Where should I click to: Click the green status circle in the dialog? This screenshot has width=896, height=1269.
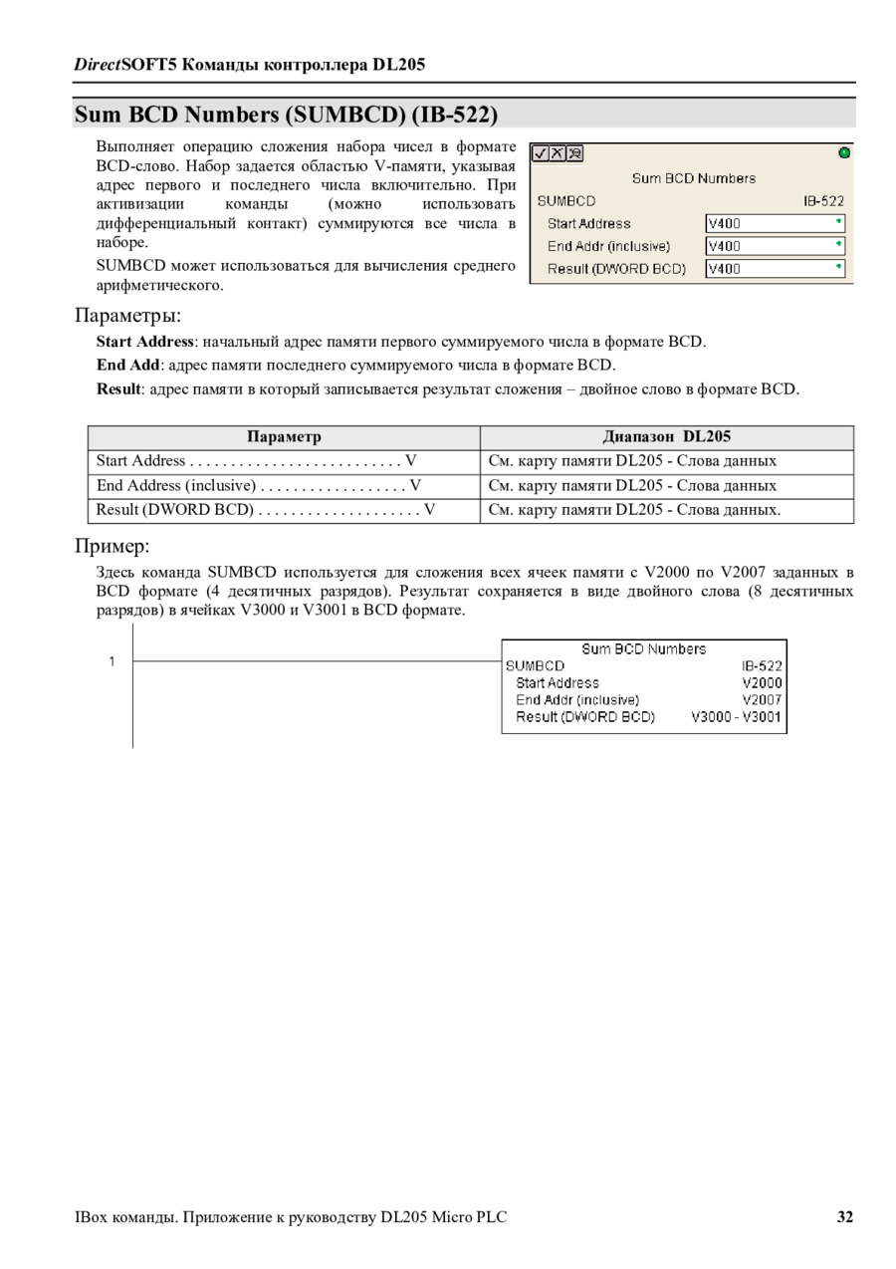pyautogui.click(x=844, y=152)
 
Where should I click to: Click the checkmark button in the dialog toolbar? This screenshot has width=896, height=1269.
pyautogui.click(x=541, y=153)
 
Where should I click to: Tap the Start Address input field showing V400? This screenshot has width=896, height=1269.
pyautogui.click(x=775, y=223)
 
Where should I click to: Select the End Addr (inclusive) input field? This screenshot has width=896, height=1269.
pyautogui.click(x=775, y=246)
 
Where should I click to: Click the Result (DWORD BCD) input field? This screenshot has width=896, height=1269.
pyautogui.click(x=775, y=268)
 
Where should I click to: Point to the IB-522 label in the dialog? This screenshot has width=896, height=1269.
pyautogui.click(x=823, y=200)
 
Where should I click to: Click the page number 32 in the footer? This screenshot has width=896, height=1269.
pyautogui.click(x=844, y=1217)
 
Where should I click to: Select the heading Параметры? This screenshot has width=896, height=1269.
pyautogui.click(x=127, y=316)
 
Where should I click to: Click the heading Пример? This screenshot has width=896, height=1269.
pyautogui.click(x=112, y=546)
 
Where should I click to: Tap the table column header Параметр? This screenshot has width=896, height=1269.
pyautogui.click(x=284, y=436)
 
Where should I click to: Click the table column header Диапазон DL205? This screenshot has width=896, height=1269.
pyautogui.click(x=667, y=436)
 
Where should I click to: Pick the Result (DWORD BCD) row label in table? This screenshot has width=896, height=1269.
pyautogui.click(x=175, y=510)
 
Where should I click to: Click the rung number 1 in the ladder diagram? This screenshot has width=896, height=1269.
pyautogui.click(x=112, y=661)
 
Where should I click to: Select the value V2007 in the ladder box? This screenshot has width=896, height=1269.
pyautogui.click(x=762, y=699)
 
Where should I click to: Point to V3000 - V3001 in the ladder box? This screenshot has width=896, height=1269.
pyautogui.click(x=736, y=716)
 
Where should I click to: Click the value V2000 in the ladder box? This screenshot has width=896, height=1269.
pyautogui.click(x=762, y=682)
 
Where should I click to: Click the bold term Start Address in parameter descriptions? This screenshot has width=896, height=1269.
pyautogui.click(x=144, y=342)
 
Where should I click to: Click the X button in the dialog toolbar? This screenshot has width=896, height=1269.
pyautogui.click(x=558, y=153)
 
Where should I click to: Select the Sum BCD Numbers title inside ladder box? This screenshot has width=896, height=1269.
pyautogui.click(x=643, y=648)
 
